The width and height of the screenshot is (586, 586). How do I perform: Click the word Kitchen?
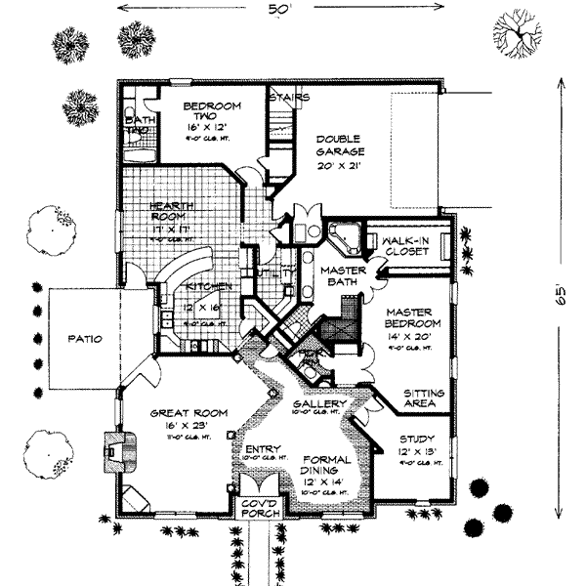point(208,286)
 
